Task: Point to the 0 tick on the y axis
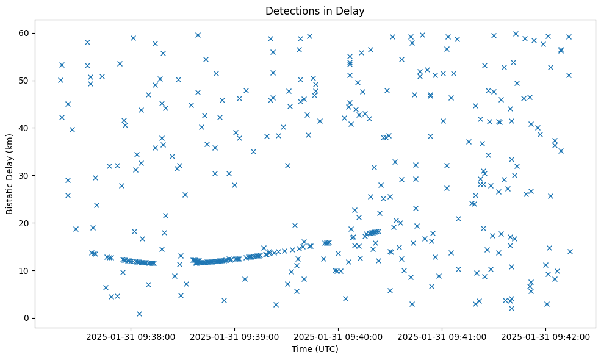coord(27,318)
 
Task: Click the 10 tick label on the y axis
coord(24,270)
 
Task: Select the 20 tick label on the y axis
coord(24,223)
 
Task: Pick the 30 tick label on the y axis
coord(24,175)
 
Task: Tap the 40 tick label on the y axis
coord(24,128)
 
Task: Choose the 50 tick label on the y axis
coord(24,81)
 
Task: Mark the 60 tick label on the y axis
coord(24,33)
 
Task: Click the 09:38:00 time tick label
coord(131,336)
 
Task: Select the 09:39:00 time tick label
coord(234,336)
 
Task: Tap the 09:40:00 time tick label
coord(338,336)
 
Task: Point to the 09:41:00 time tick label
coord(442,336)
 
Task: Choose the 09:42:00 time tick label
coord(545,336)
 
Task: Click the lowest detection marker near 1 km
coord(139,314)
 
